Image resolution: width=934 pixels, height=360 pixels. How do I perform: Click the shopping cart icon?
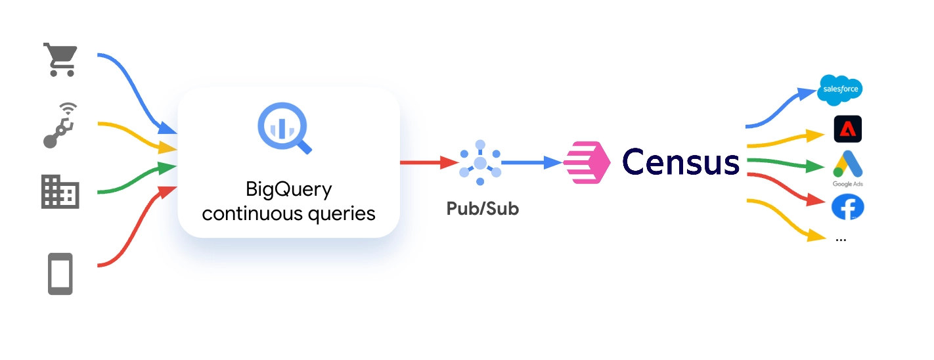pyautogui.click(x=60, y=60)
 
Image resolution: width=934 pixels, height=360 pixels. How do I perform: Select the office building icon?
pyautogui.click(x=60, y=192)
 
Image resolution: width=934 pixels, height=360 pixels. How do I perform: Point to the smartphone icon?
pyautogui.click(x=60, y=273)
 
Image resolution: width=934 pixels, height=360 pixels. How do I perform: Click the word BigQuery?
pyautogui.click(x=288, y=190)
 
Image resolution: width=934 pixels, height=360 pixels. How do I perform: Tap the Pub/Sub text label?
pyautogui.click(x=482, y=209)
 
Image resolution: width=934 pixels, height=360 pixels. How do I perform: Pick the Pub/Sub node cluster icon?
pyautogui.click(x=480, y=162)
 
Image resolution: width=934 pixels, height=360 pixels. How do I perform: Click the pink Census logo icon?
pyautogui.click(x=587, y=162)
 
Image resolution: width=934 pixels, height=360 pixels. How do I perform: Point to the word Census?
pyautogui.click(x=680, y=162)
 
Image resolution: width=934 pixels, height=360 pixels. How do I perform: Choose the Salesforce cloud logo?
pyautogui.click(x=839, y=90)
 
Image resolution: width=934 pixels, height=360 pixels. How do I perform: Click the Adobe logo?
pyautogui.click(x=847, y=129)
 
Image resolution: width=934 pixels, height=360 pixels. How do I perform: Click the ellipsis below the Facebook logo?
pyautogui.click(x=841, y=240)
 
